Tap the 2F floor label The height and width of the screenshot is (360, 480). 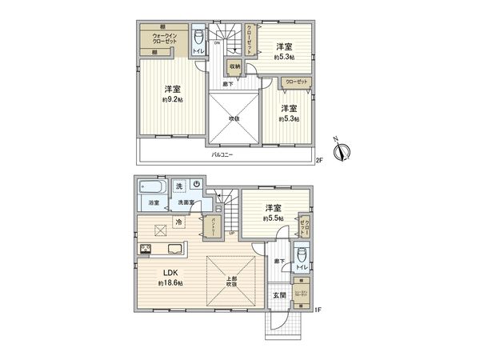[x=318, y=161]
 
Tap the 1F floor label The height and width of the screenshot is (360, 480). [x=318, y=309]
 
